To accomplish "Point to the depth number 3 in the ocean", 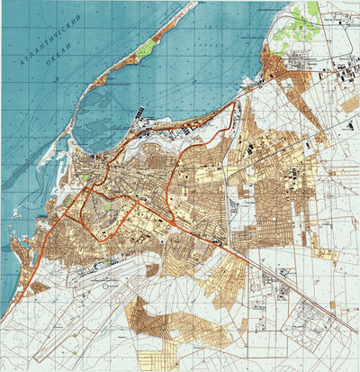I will [57, 79].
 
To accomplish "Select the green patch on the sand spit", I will [145, 49].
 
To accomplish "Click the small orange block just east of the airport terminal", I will [152, 269].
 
